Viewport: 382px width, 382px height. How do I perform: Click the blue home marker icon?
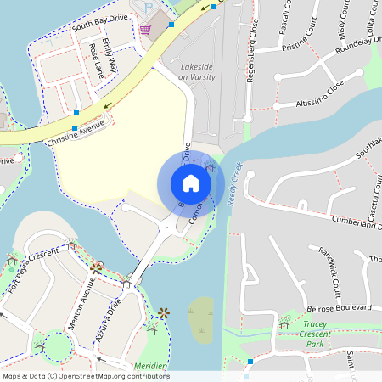pyautogui.click(x=191, y=183)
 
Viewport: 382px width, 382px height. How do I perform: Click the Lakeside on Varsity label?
pyautogui.click(x=196, y=71)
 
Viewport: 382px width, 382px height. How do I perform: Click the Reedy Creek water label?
pyautogui.click(x=234, y=180)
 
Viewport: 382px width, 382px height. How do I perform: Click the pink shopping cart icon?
pyautogui.click(x=146, y=30)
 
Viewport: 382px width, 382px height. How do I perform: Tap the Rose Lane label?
pyautogui.click(x=101, y=60)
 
